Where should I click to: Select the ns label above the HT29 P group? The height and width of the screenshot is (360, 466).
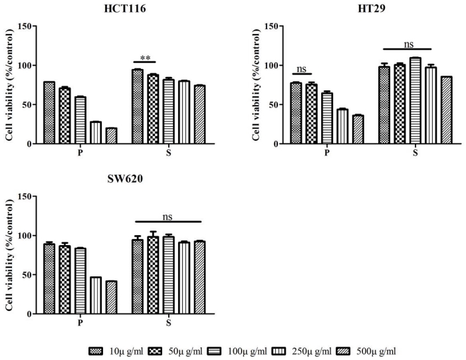(303, 68)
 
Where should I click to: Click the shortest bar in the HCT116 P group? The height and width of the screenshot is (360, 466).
(111, 135)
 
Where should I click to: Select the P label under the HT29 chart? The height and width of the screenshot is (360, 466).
(326, 153)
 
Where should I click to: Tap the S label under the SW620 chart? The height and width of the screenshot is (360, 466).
(168, 323)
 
